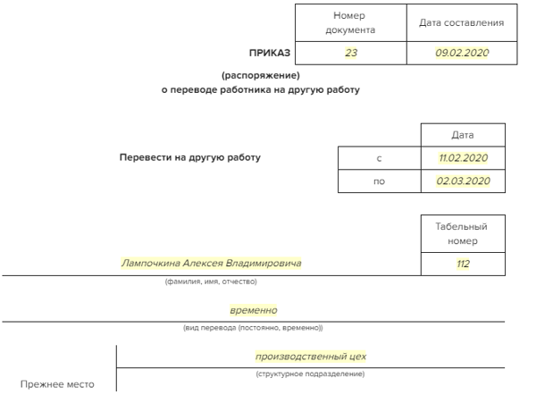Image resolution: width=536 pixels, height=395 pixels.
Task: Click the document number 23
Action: point(350,53)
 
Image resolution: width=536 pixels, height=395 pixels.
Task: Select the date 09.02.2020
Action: point(461,53)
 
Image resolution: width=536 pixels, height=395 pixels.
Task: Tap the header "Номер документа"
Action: point(350,23)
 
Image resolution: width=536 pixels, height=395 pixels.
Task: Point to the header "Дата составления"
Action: point(461,23)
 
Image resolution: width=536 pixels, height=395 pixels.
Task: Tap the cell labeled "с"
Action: point(380,158)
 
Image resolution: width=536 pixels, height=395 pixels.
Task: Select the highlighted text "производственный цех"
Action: point(311,357)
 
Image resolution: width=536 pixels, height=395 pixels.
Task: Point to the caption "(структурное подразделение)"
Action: point(311,373)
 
